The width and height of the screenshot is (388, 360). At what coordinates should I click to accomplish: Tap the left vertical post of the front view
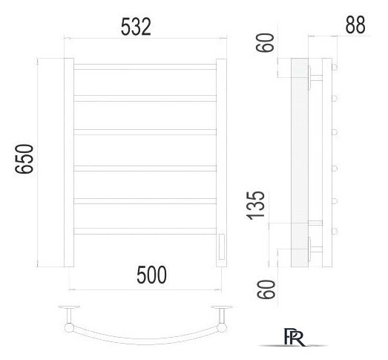pyautogui.click(x=68, y=163)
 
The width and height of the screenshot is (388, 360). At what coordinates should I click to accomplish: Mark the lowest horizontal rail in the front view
pyautogui.click(x=145, y=231)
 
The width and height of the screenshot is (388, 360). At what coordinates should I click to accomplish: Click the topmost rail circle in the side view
pyautogui.click(x=335, y=67)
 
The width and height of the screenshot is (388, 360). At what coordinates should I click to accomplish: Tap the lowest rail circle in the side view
pyautogui.click(x=335, y=231)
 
